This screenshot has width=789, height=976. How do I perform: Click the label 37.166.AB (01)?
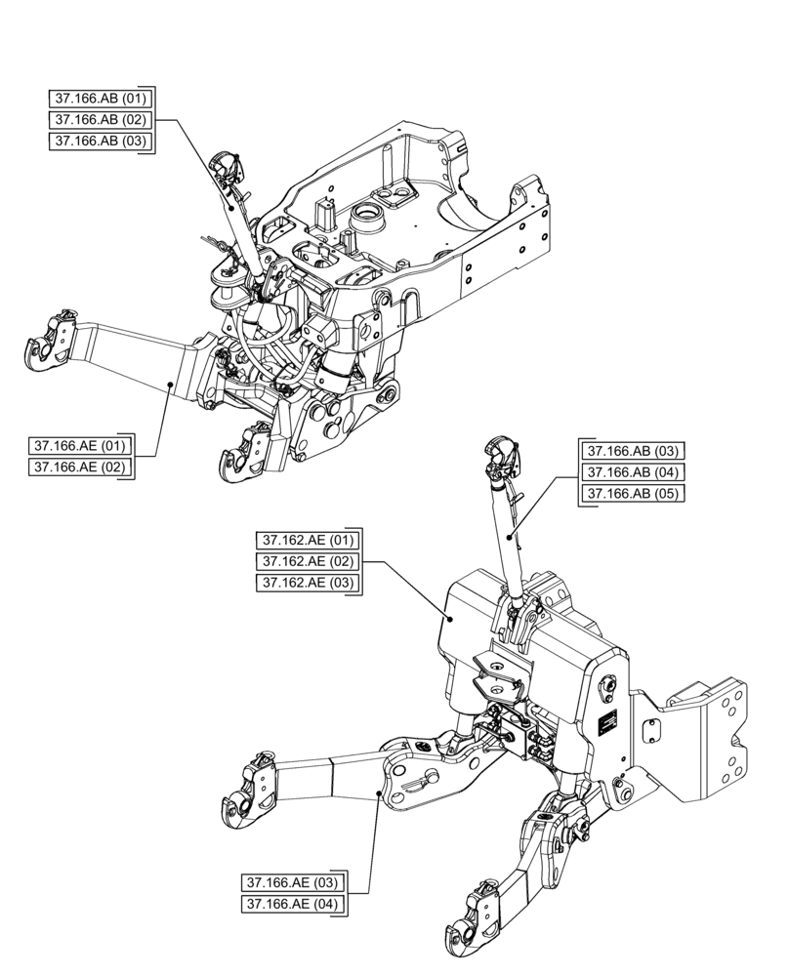coord(101,98)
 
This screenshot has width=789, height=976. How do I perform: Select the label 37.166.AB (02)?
coord(101,119)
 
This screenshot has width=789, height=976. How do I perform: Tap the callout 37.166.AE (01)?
coord(81,446)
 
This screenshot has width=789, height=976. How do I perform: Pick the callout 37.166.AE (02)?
coord(81,468)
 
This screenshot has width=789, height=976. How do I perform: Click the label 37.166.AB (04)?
coord(632,472)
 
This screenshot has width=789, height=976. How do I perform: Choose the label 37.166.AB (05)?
coord(632,494)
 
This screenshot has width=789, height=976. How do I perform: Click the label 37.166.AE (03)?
coord(292,883)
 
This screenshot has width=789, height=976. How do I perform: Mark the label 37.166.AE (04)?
coord(292,905)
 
